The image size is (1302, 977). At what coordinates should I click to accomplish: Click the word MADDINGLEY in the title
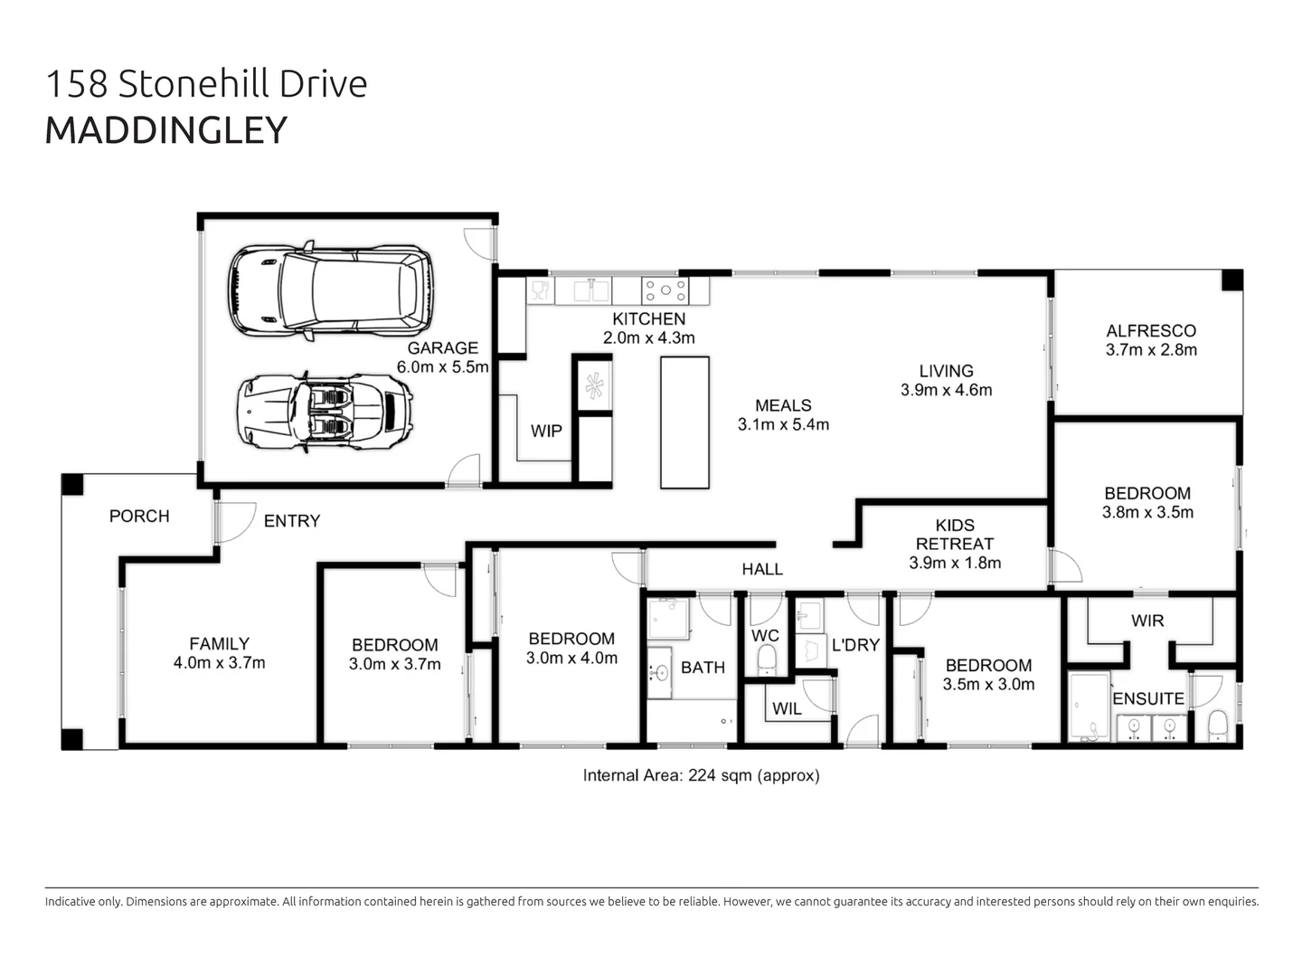pyautogui.click(x=165, y=130)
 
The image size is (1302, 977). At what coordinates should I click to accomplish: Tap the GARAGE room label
pyautogui.click(x=442, y=347)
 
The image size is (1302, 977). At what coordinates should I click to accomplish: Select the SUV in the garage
pyautogui.click(x=330, y=290)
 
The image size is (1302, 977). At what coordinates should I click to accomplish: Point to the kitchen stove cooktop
pyautogui.click(x=665, y=290)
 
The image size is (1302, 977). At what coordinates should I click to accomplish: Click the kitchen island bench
pyautogui.click(x=684, y=422)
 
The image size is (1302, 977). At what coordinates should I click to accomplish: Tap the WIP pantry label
pyautogui.click(x=546, y=432)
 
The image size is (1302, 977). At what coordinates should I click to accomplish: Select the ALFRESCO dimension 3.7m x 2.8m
pyautogui.click(x=1151, y=350)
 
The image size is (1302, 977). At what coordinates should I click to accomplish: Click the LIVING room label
pyautogui.click(x=946, y=371)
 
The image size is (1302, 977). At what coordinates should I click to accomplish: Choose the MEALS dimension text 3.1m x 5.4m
pyautogui.click(x=783, y=424)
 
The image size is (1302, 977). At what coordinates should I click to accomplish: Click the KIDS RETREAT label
pyautogui.click(x=955, y=534)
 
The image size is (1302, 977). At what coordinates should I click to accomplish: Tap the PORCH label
pyautogui.click(x=139, y=517)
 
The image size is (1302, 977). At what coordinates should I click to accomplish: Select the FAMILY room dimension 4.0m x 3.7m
pyautogui.click(x=219, y=663)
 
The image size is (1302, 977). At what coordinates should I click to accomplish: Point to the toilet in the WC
pyautogui.click(x=766, y=658)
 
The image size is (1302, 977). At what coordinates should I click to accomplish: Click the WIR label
pyautogui.click(x=1147, y=621)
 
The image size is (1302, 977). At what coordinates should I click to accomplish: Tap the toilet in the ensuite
pyautogui.click(x=1217, y=725)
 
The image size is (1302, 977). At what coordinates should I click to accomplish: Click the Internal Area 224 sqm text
pyautogui.click(x=701, y=775)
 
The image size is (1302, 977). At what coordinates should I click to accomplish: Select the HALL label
pyautogui.click(x=762, y=569)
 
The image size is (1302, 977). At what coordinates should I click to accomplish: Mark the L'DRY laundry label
pyautogui.click(x=854, y=645)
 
